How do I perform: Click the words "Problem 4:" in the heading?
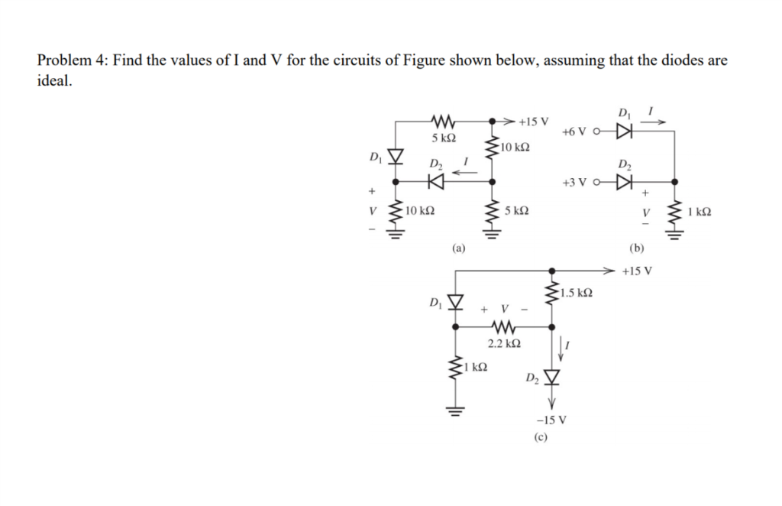pyautogui.click(x=69, y=60)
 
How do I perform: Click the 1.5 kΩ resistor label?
pyautogui.click(x=577, y=293)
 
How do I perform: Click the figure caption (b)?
pyautogui.click(x=638, y=248)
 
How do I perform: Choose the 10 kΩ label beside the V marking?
pyautogui.click(x=418, y=211)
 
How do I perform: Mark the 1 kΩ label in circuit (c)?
pyautogui.click(x=478, y=367)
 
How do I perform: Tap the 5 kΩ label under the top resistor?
pyautogui.click(x=443, y=139)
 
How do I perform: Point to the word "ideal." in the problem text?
pyautogui.click(x=56, y=82)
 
